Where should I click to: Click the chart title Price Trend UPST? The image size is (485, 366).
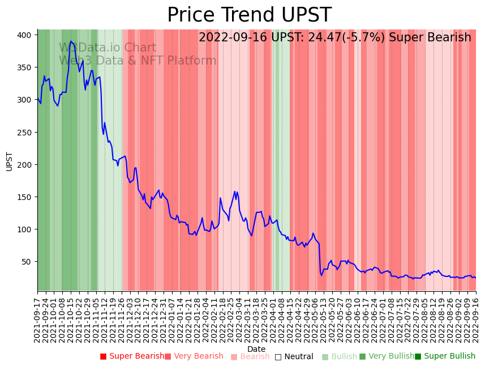249,15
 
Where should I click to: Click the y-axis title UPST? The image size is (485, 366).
9,161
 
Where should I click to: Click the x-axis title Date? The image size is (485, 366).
256,349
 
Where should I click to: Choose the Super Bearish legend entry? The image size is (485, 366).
132,356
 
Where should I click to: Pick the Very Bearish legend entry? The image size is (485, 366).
194,356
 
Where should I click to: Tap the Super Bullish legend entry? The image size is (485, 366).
445,356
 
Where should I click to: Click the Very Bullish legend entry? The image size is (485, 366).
387,356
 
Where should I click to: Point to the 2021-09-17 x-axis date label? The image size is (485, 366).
38,318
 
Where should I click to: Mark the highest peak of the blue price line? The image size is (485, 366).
71,41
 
